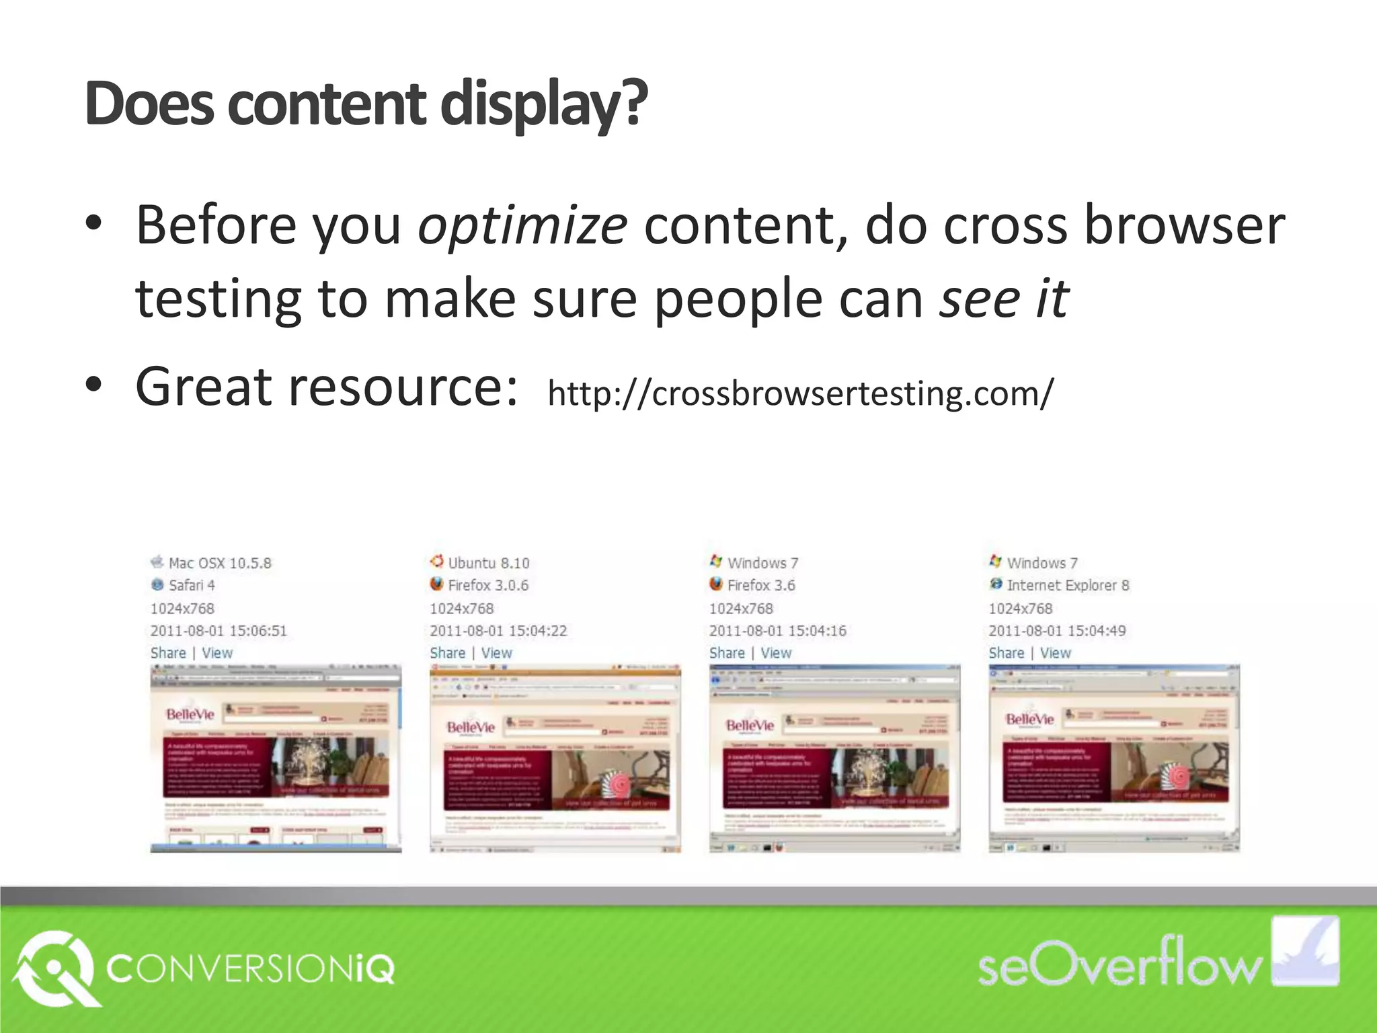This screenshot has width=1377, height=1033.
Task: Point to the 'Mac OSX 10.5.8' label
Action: pyautogui.click(x=220, y=563)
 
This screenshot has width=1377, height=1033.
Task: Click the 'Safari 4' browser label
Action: pyautogui.click(x=192, y=585)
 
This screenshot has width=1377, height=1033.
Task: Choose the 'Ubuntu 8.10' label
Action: pyautogui.click(x=489, y=563)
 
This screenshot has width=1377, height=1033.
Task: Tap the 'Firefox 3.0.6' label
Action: pyautogui.click(x=488, y=585)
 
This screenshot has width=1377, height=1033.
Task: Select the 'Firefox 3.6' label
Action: pyautogui.click(x=761, y=585)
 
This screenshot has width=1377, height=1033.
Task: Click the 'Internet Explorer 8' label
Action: pyautogui.click(x=1068, y=585)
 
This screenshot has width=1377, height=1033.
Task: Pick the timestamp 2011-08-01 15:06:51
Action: pyautogui.click(x=219, y=631)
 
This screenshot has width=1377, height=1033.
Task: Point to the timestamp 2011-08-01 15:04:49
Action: pyautogui.click(x=1057, y=631)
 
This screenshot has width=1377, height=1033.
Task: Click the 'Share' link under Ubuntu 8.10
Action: pyautogui.click(x=448, y=653)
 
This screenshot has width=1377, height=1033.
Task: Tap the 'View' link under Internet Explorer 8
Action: pyautogui.click(x=1056, y=653)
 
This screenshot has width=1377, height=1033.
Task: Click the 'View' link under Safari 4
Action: pyautogui.click(x=217, y=653)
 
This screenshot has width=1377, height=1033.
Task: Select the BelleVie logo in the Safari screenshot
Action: pyautogui.click(x=190, y=714)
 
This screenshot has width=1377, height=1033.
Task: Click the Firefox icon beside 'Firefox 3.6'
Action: pyautogui.click(x=716, y=584)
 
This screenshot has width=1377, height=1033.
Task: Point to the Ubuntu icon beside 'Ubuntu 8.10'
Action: pyautogui.click(x=437, y=562)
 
